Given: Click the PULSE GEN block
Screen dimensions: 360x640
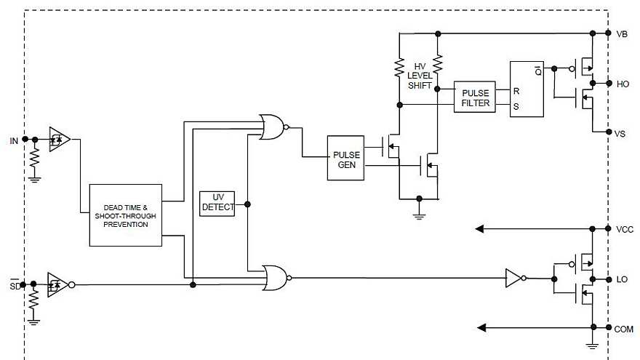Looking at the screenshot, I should (345, 158).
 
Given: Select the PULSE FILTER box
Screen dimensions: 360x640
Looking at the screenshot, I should (476, 97).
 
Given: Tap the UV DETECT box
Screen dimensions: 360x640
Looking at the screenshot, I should (217, 203).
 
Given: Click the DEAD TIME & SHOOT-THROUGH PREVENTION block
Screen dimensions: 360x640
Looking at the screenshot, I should (125, 215).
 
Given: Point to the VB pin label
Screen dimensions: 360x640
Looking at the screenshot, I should (622, 34).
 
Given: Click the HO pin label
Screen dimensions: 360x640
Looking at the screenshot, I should (623, 84).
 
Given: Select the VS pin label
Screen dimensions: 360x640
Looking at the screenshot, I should (620, 133).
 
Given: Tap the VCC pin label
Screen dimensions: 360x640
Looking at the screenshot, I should (624, 229).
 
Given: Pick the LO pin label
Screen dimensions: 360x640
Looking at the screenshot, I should (622, 280).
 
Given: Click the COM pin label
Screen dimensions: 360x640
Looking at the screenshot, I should (624, 329).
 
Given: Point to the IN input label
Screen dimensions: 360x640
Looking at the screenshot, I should (14, 140).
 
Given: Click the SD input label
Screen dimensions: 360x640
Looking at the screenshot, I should (14, 284).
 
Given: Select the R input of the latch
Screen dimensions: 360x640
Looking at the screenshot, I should (516, 92).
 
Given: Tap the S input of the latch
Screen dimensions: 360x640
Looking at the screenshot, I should (516, 106).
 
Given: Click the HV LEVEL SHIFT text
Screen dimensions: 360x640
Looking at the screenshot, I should (420, 76).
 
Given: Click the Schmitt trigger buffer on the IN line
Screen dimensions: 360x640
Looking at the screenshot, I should (58, 138).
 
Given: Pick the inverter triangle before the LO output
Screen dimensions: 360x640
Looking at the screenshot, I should (513, 277).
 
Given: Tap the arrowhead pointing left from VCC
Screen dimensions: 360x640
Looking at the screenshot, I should (480, 229).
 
